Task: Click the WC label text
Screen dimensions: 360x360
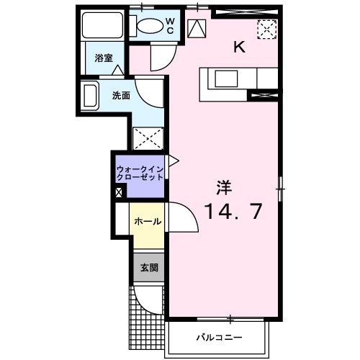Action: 171,26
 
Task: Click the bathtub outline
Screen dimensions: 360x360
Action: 103,27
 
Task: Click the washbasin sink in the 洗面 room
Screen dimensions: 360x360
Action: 91,95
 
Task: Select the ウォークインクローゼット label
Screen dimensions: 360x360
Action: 141,174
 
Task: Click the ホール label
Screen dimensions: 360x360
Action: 147,222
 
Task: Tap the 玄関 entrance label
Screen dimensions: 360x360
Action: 148,267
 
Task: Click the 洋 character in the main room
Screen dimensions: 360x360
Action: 225,186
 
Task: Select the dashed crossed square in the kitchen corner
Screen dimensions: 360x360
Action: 267,29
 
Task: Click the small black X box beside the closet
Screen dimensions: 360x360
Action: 119,192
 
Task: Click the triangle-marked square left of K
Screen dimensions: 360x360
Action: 196,28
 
